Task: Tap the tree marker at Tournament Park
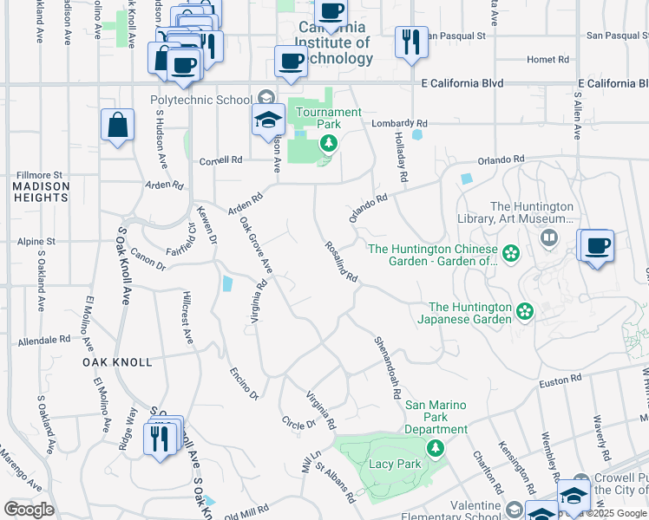tap(327, 145)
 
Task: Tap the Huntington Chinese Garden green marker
tap(511, 253)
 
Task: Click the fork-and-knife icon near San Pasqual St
tap(410, 42)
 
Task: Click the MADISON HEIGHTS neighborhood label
tap(41, 192)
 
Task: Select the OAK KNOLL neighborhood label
tap(117, 361)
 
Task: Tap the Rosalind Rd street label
tap(340, 261)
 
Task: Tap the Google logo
tap(29, 510)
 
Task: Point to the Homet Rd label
tap(547, 60)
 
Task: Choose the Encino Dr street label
tap(244, 382)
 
